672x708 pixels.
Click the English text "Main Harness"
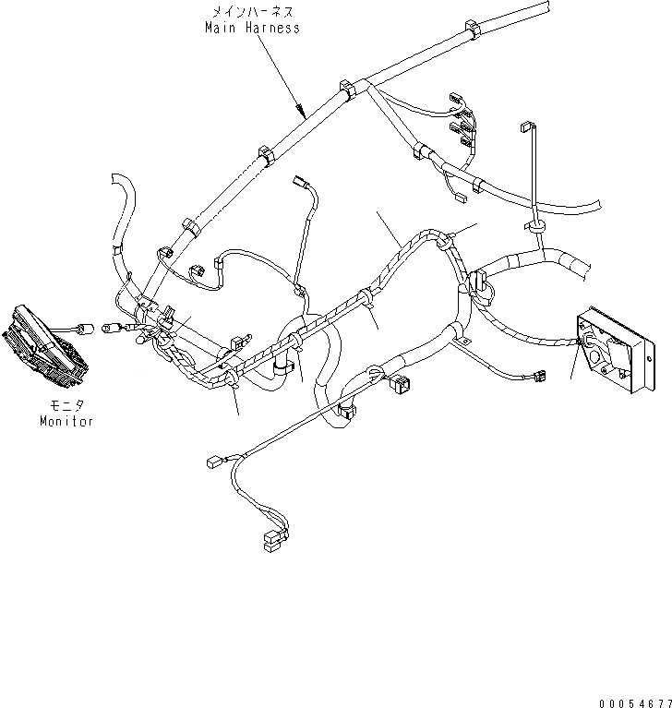point(252,28)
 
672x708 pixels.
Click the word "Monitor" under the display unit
point(66,421)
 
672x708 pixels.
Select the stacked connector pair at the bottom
point(272,540)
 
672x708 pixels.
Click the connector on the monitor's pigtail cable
point(87,325)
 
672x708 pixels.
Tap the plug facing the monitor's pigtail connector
point(111,325)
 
